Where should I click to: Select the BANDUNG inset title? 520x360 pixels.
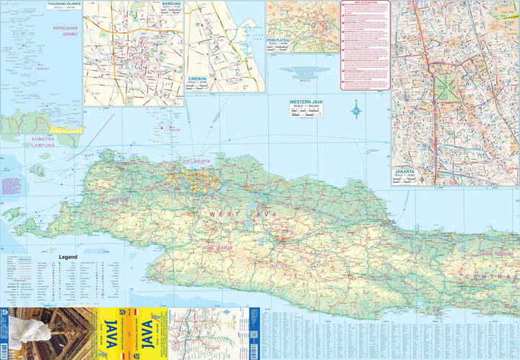(x=171, y=4)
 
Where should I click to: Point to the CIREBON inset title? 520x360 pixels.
(x=197, y=78)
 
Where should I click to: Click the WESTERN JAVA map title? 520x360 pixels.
(x=305, y=102)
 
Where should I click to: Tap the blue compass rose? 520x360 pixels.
(x=356, y=111)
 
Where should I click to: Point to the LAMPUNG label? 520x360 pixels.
(x=43, y=145)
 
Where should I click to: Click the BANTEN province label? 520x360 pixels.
(x=118, y=200)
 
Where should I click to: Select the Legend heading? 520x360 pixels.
(x=69, y=257)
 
